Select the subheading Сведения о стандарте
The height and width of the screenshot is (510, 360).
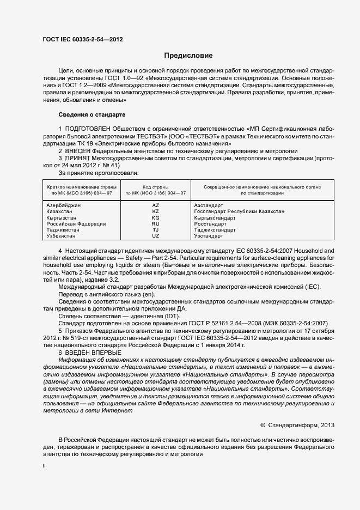(x=91, y=115)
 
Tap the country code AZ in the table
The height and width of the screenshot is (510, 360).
(x=156, y=205)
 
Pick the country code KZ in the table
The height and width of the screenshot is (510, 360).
(x=156, y=211)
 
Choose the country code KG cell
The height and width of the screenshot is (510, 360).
(x=156, y=217)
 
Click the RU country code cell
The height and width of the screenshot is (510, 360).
(x=156, y=223)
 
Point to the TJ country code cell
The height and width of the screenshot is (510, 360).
(x=156, y=230)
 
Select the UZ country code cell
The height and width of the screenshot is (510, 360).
(x=156, y=236)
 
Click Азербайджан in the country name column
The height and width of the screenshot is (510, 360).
(x=64, y=205)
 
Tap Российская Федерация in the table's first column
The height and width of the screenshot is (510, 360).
(x=76, y=223)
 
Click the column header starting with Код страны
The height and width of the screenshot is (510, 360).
(x=156, y=190)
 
